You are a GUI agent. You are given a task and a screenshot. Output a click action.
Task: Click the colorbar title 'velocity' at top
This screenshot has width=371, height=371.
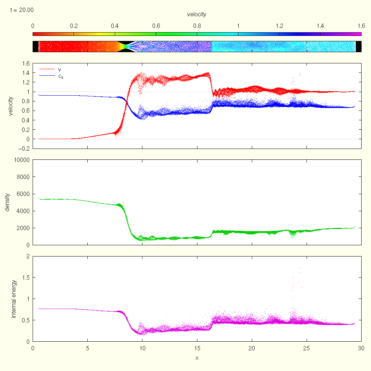[x=197, y=14]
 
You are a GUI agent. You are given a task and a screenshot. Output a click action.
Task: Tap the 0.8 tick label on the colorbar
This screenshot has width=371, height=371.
[x=197, y=26]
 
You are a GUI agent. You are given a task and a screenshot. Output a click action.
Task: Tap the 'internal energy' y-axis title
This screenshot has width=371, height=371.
[x=13, y=299]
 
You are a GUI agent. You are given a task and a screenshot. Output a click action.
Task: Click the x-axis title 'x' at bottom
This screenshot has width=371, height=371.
[x=197, y=358]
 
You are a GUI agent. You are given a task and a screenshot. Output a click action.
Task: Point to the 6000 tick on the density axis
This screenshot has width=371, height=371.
[x=23, y=194]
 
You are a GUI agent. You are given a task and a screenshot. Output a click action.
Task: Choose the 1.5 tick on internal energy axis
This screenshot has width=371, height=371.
[x=26, y=277]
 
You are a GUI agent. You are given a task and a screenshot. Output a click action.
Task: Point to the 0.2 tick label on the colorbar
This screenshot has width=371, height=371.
[x=74, y=26]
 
